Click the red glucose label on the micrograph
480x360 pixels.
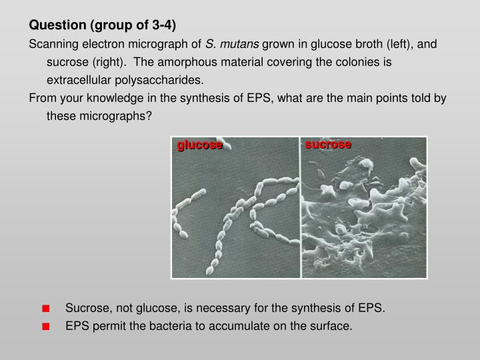[199, 145]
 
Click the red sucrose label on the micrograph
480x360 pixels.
[328, 145]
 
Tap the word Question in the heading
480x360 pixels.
[55, 26]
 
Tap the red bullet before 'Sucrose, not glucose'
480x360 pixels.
[45, 309]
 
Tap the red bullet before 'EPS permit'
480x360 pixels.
[45, 326]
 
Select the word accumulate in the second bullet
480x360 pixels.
[250, 325]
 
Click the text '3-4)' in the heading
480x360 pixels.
[164, 26]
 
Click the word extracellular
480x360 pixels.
[77, 80]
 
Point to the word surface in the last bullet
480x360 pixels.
[331, 325]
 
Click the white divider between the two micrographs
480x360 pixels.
[301, 207]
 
